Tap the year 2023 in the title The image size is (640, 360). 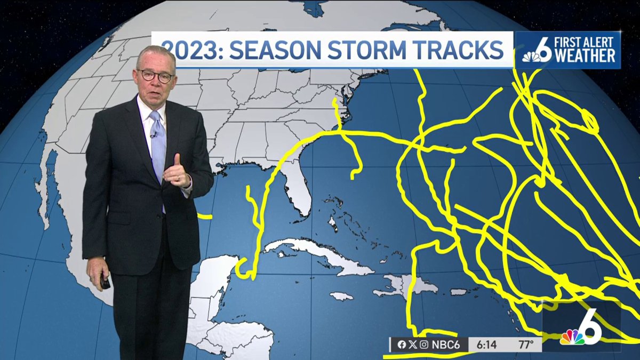pos(188,50)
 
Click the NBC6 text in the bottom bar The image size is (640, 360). pos(446,345)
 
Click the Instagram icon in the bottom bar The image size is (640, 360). pos(423,345)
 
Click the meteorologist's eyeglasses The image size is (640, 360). pos(156,75)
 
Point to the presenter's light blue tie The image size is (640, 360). pos(158,144)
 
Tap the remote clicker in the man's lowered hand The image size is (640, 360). pos(105,282)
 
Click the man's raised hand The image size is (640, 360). pos(179,174)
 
